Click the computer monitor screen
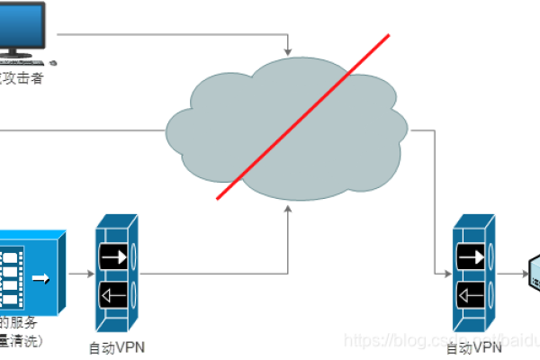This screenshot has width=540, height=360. pos(19,26)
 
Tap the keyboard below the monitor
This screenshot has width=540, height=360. pos(22,63)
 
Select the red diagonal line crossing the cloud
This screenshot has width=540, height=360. pos(302,116)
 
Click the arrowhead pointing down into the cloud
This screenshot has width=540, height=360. pos(287,49)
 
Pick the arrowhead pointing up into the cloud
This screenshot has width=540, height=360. pos(287,208)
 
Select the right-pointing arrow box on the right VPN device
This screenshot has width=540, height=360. pos(472,257)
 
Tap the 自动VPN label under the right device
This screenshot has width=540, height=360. pos(474,346)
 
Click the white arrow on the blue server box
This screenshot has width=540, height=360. pos(40,275)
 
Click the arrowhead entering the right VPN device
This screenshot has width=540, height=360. pos(448,274)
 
